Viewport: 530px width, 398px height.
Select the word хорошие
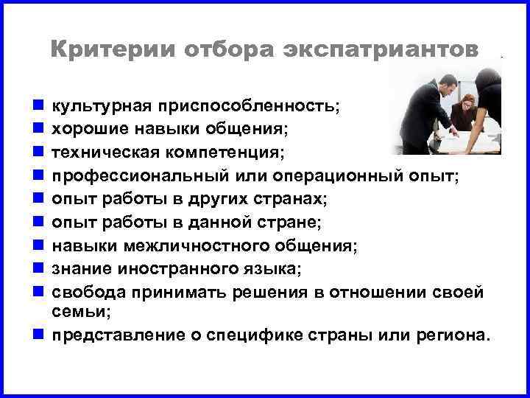(x=92, y=129)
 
